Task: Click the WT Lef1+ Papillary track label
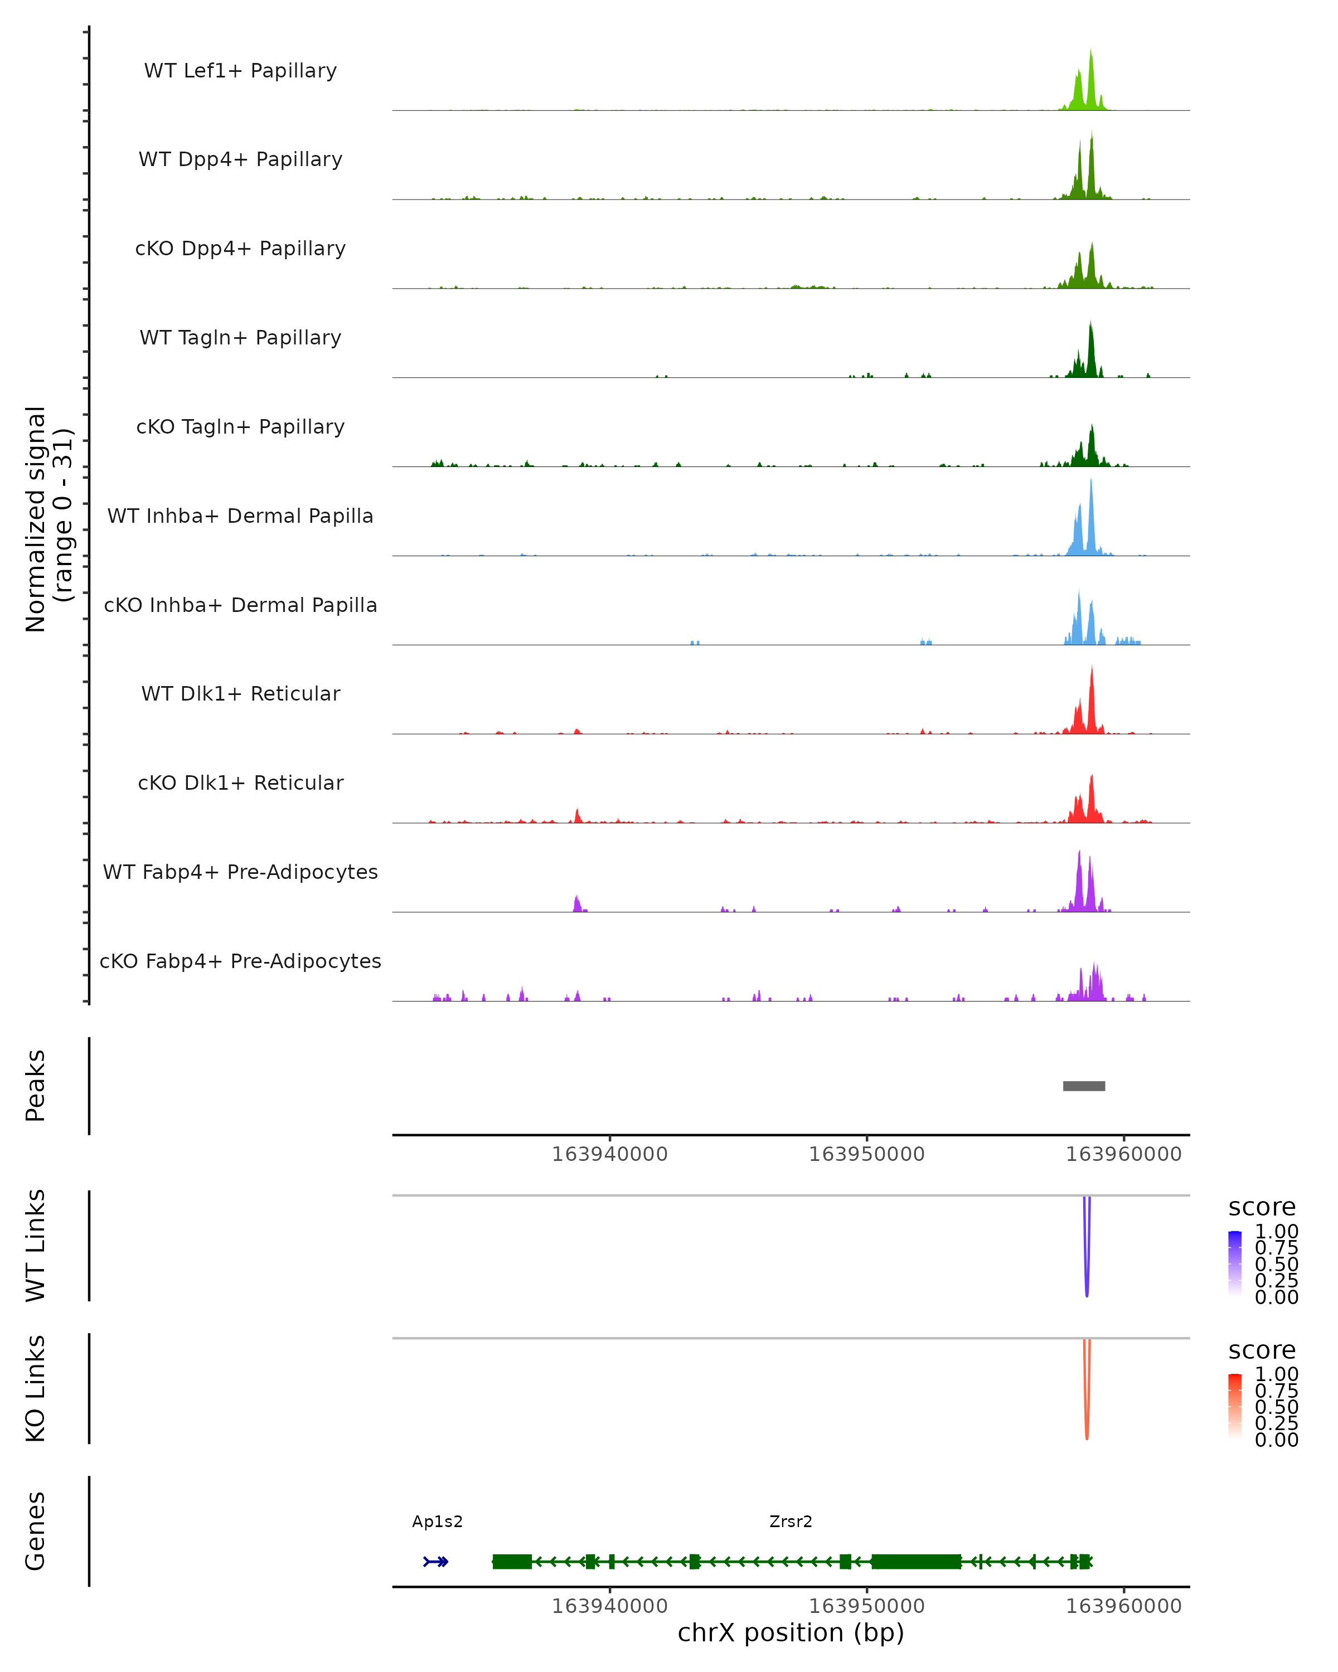click(x=240, y=71)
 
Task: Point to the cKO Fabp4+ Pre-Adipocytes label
click(x=240, y=961)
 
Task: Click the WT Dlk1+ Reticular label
click(x=240, y=693)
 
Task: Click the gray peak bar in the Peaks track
click(x=1084, y=1086)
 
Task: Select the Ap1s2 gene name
click(x=438, y=1521)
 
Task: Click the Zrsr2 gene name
click(x=791, y=1521)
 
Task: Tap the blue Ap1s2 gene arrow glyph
click(x=436, y=1561)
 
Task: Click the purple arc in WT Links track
click(x=1087, y=1272)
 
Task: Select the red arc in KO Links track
click(x=1087, y=1415)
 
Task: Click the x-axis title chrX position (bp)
click(x=791, y=1632)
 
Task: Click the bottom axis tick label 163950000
click(x=866, y=1606)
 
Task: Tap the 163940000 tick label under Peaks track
click(x=610, y=1154)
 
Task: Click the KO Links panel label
click(x=36, y=1388)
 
